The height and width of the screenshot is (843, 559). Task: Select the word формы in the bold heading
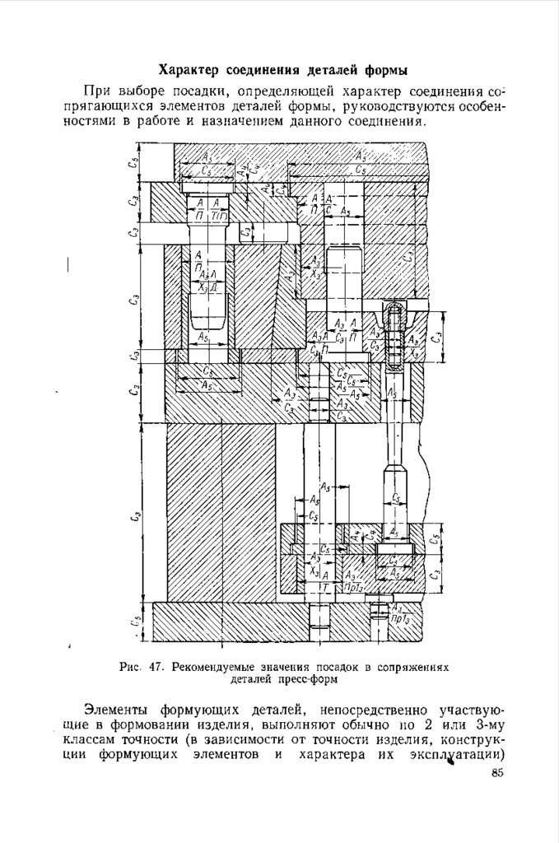coord(388,68)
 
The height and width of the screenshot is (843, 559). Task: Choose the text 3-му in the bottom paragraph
coord(487,725)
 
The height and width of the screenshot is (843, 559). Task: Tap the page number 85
coord(496,773)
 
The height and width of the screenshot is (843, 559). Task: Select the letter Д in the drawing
coord(213,286)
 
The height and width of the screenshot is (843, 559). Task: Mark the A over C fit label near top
coord(328,204)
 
